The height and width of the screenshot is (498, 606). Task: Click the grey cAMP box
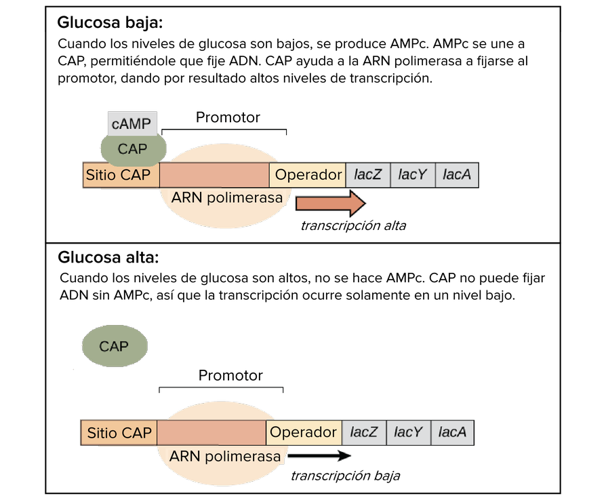point(132,124)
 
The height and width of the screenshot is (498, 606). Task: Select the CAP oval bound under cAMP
point(133,149)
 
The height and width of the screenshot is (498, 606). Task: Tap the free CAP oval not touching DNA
point(115,346)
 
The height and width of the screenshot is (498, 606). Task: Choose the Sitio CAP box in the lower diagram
point(119,433)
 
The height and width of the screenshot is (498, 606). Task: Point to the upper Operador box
point(308,175)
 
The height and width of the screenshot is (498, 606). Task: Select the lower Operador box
point(304,433)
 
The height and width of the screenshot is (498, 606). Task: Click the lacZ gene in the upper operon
point(368,175)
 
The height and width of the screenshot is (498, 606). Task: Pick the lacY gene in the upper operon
point(412,175)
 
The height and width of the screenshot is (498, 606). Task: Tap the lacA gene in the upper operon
point(456,175)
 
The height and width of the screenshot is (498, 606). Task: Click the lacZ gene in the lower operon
point(364,433)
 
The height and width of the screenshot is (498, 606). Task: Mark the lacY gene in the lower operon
point(408,433)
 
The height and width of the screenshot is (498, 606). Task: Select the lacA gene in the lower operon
point(452,433)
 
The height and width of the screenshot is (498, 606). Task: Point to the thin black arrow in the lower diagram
point(319,457)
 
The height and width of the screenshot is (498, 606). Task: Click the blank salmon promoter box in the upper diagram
point(214,175)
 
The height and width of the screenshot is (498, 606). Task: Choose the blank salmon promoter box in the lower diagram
point(211,433)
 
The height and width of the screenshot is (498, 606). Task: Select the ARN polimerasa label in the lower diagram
point(225,457)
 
